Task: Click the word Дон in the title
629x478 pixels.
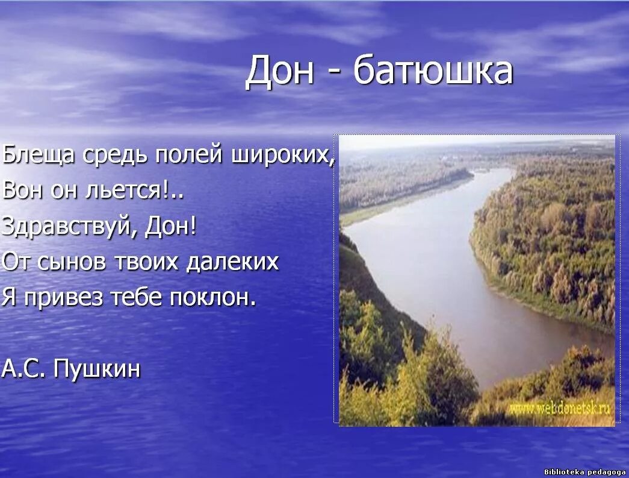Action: click(280, 71)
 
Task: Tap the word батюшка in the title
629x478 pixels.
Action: click(433, 71)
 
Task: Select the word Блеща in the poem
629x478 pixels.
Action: click(39, 155)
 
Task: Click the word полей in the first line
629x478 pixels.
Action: click(189, 155)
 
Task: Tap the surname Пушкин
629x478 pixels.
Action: click(97, 368)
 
